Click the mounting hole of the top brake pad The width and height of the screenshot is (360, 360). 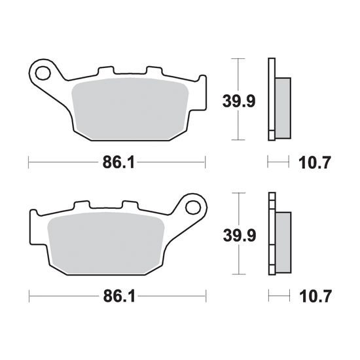click(x=43, y=73)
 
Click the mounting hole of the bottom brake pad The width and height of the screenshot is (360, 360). click(x=193, y=207)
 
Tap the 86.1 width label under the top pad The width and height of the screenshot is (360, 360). click(x=118, y=162)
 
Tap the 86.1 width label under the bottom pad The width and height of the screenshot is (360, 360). click(x=119, y=296)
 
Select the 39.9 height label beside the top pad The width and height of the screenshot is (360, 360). click(x=239, y=101)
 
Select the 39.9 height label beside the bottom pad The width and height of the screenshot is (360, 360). click(x=240, y=236)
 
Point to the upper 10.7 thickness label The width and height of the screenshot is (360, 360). click(x=314, y=162)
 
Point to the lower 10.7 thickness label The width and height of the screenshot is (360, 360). click(x=315, y=297)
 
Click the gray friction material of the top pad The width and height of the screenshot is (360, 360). click(x=130, y=109)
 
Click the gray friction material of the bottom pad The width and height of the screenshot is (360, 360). click(x=105, y=243)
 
